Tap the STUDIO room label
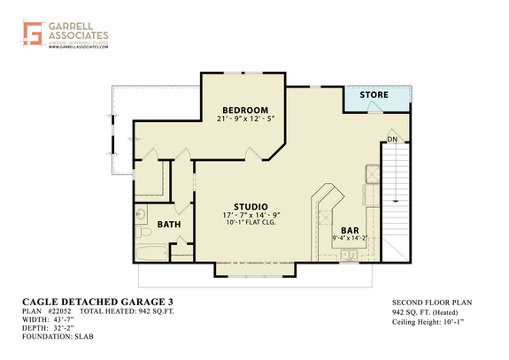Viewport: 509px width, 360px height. coord(251,205)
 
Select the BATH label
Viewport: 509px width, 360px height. coord(169,225)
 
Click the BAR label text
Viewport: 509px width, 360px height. coord(350,228)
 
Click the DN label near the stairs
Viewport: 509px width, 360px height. coord(392,139)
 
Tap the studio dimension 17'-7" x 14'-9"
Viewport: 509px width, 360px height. coord(251,215)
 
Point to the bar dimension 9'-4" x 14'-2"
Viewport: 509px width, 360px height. coord(350,237)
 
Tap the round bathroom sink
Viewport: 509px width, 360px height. coord(143,213)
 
